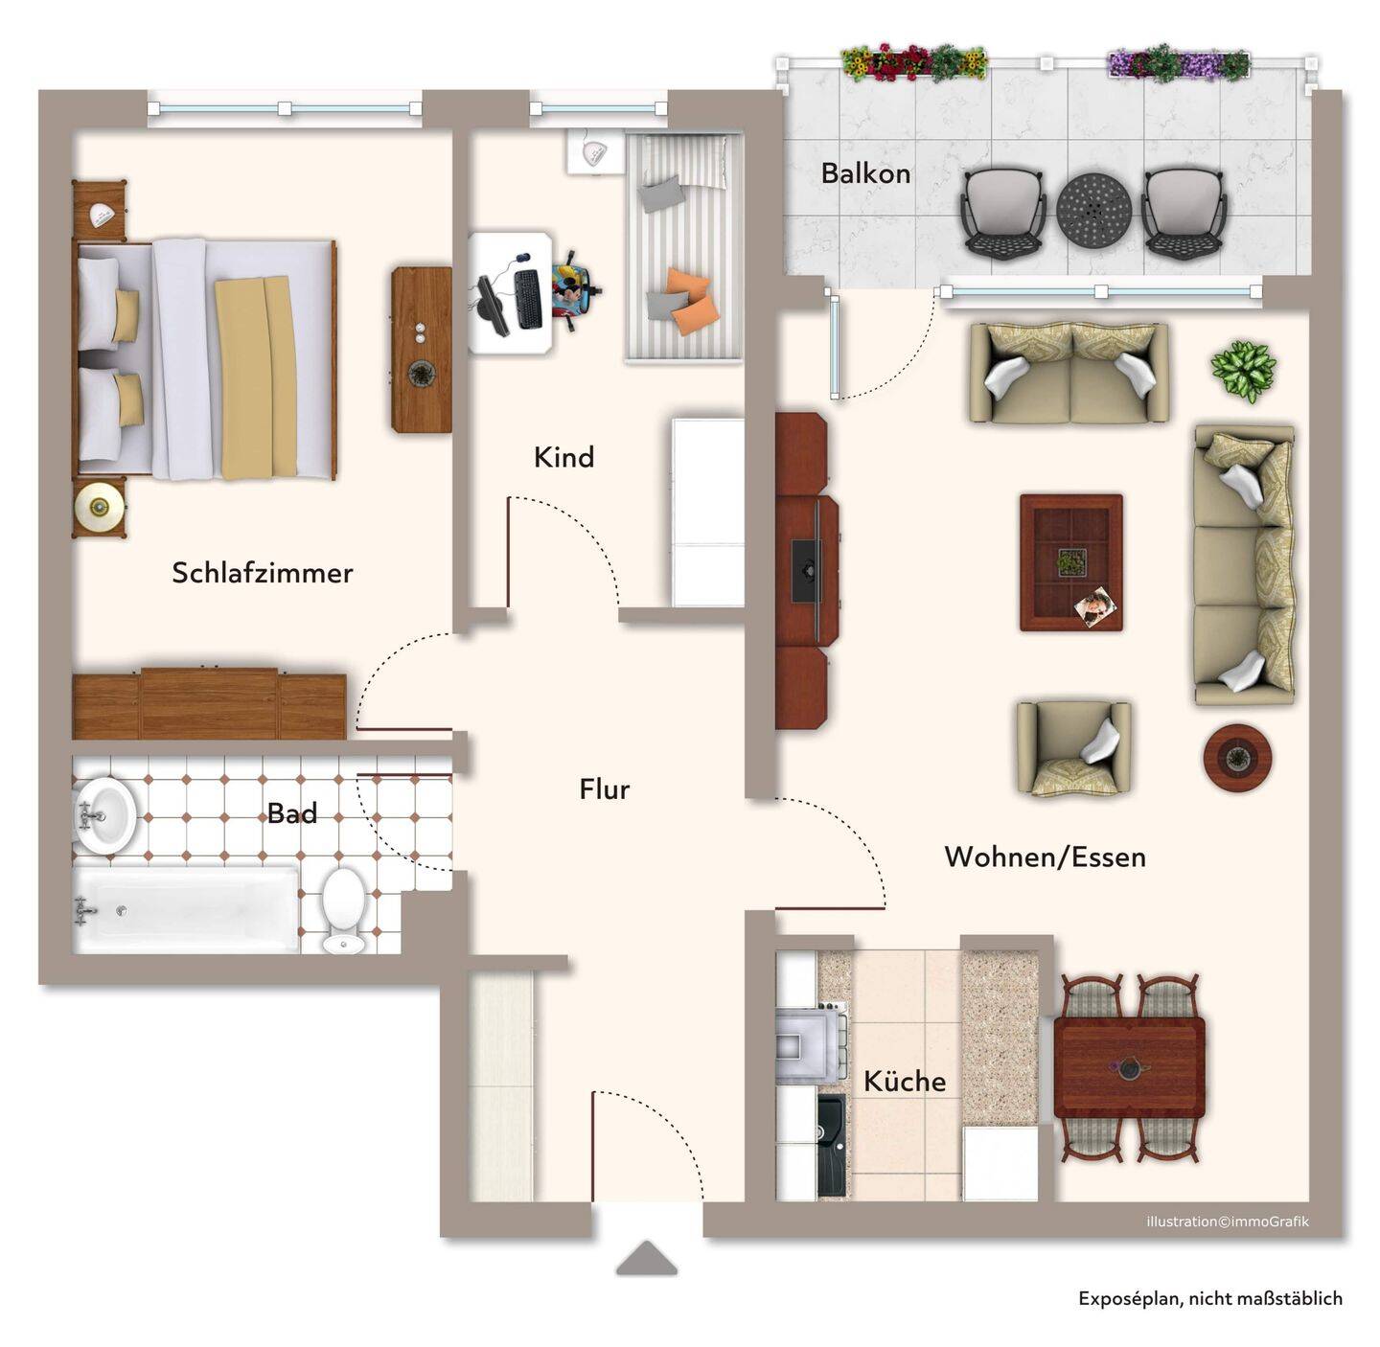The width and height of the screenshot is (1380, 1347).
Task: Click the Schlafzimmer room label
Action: coord(262,573)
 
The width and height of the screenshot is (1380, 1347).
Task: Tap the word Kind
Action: coord(563,457)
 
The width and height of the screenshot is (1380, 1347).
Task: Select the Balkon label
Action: coord(865,173)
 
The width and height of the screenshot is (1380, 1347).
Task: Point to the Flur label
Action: coord(604,789)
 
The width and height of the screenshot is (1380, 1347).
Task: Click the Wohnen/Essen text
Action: coord(1045,857)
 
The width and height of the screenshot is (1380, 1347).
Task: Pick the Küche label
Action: coord(904,1081)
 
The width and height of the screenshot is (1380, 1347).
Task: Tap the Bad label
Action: coord(291,813)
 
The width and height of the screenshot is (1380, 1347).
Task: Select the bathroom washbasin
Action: coord(104,815)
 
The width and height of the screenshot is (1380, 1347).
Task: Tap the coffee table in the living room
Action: coord(1070,562)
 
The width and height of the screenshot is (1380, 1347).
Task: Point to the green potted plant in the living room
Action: coord(1243,371)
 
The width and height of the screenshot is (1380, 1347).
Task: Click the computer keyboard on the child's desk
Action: coord(528,299)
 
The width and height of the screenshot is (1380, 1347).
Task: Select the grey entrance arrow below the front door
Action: coord(646,1258)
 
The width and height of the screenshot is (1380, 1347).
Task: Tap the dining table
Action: coord(1129,1067)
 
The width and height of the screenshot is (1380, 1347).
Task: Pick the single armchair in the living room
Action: coord(1073,748)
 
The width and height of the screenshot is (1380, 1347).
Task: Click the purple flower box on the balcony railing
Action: coord(1178,64)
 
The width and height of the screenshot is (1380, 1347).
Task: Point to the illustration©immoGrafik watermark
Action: coord(1228,1221)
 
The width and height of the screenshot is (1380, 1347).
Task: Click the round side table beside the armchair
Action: coord(1237,757)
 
